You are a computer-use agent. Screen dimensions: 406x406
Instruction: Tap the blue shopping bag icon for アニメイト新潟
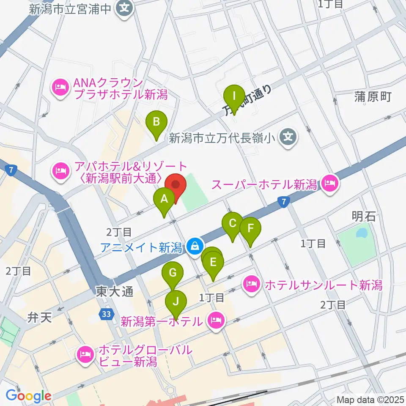[x=195, y=246]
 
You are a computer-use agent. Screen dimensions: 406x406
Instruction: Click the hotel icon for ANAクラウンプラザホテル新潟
[x=60, y=88]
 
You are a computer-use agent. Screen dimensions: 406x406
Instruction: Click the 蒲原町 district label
[x=373, y=97]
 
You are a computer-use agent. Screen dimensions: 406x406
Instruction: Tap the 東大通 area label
[x=109, y=291]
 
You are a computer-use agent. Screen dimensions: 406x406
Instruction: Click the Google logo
[x=28, y=396]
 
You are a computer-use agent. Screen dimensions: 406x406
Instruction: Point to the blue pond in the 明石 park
[x=362, y=233]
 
